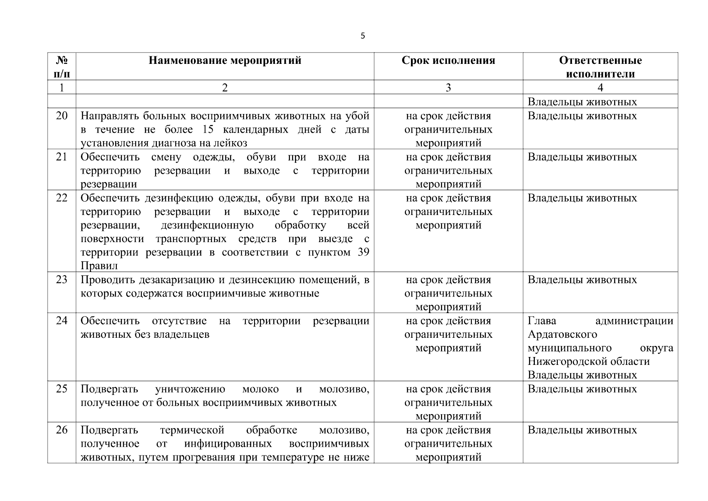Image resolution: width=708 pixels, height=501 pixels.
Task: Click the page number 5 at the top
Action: tap(363, 36)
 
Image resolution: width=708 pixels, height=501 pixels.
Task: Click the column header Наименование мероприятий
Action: tap(225, 61)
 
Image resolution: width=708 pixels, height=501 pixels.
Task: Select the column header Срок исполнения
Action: tap(448, 61)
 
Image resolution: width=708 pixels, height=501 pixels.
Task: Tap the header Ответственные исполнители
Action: tap(600, 67)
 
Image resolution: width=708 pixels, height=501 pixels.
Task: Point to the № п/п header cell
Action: tap(62, 67)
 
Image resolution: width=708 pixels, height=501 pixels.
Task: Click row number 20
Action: tap(62, 116)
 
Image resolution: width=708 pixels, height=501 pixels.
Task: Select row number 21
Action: tap(62, 157)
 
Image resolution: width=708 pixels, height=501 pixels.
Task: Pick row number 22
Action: tap(62, 198)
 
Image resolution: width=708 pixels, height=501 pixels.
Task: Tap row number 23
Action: tap(62, 280)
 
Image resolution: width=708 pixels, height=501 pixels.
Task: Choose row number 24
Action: tap(62, 321)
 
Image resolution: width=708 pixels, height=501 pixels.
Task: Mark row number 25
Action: tap(62, 389)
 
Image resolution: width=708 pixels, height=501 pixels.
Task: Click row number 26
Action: tap(62, 430)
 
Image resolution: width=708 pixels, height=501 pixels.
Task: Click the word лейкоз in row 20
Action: tap(230, 143)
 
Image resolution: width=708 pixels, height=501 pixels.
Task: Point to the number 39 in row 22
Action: tap(363, 253)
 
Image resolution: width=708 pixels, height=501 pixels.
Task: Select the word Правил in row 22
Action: tap(99, 266)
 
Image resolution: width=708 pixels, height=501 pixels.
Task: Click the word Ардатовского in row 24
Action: tap(562, 334)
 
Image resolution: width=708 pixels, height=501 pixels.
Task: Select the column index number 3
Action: tap(448, 87)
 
